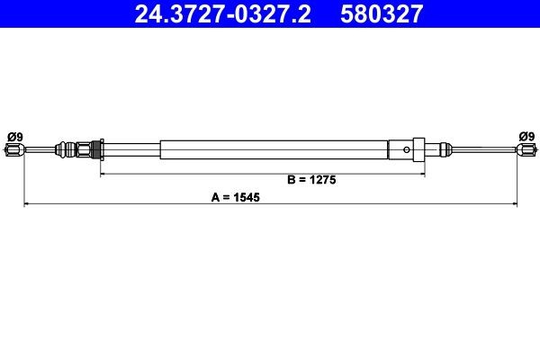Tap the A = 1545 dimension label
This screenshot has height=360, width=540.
tap(236, 197)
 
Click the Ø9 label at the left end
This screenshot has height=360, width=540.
tap(15, 137)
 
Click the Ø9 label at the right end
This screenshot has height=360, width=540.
tap(526, 137)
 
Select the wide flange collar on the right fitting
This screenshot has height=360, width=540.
tap(417, 149)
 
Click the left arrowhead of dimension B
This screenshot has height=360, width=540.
tap(103, 170)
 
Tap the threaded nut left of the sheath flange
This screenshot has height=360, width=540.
tap(85, 148)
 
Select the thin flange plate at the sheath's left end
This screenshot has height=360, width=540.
tap(101, 148)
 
